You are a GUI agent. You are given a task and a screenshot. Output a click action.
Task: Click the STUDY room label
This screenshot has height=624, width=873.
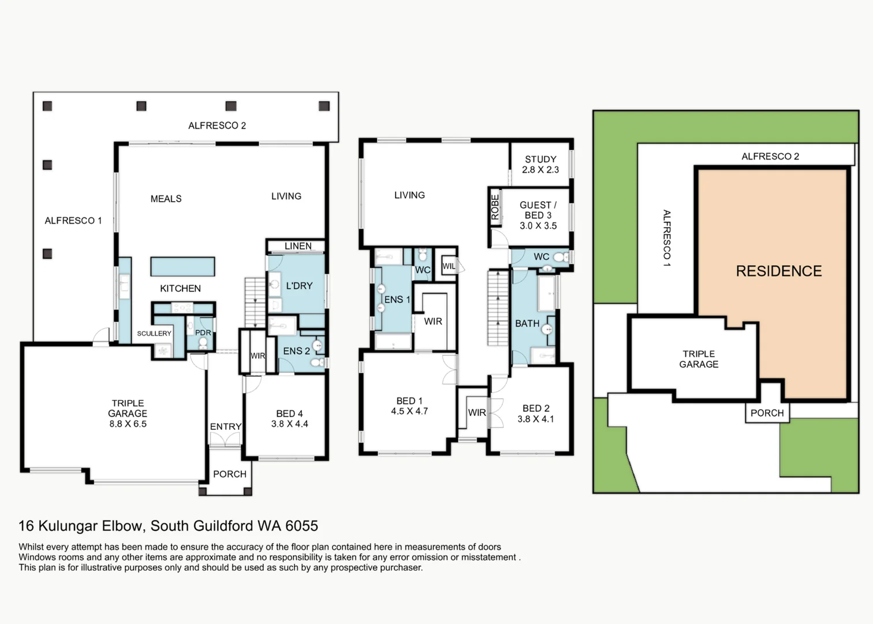click(540, 159)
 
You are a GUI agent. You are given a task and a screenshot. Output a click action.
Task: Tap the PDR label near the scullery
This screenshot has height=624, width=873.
click(203, 333)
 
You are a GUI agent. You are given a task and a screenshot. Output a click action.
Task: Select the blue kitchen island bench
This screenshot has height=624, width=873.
click(182, 266)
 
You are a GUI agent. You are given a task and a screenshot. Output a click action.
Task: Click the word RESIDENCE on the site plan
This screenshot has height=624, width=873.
click(779, 271)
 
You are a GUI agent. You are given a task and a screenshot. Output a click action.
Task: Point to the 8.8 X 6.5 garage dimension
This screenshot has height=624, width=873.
click(128, 424)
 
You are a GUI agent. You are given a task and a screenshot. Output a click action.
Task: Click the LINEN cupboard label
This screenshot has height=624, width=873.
click(298, 246)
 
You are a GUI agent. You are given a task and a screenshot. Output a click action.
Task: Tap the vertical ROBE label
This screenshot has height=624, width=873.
click(495, 207)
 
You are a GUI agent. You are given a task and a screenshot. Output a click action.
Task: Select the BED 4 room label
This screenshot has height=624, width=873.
click(290, 414)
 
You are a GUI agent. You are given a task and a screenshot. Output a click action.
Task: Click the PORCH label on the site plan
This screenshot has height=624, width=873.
click(767, 413)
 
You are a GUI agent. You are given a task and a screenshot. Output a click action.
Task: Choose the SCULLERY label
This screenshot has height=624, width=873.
click(154, 333)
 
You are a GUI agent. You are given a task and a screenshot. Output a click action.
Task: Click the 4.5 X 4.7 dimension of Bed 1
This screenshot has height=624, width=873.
click(409, 411)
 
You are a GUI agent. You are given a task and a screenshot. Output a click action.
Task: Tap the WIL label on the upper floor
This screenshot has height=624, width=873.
click(449, 266)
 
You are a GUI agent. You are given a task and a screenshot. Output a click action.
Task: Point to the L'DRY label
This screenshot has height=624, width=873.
click(299, 286)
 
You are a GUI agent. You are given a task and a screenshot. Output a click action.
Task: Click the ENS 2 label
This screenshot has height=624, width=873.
click(297, 351)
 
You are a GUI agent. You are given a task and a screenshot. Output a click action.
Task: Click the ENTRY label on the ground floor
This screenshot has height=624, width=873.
click(226, 426)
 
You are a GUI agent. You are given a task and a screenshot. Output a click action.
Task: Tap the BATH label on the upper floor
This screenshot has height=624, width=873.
click(527, 324)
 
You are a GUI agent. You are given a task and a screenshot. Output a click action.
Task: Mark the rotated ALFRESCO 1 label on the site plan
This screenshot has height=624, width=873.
click(667, 238)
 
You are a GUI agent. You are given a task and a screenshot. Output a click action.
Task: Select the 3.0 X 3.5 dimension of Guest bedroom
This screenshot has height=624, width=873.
click(538, 226)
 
